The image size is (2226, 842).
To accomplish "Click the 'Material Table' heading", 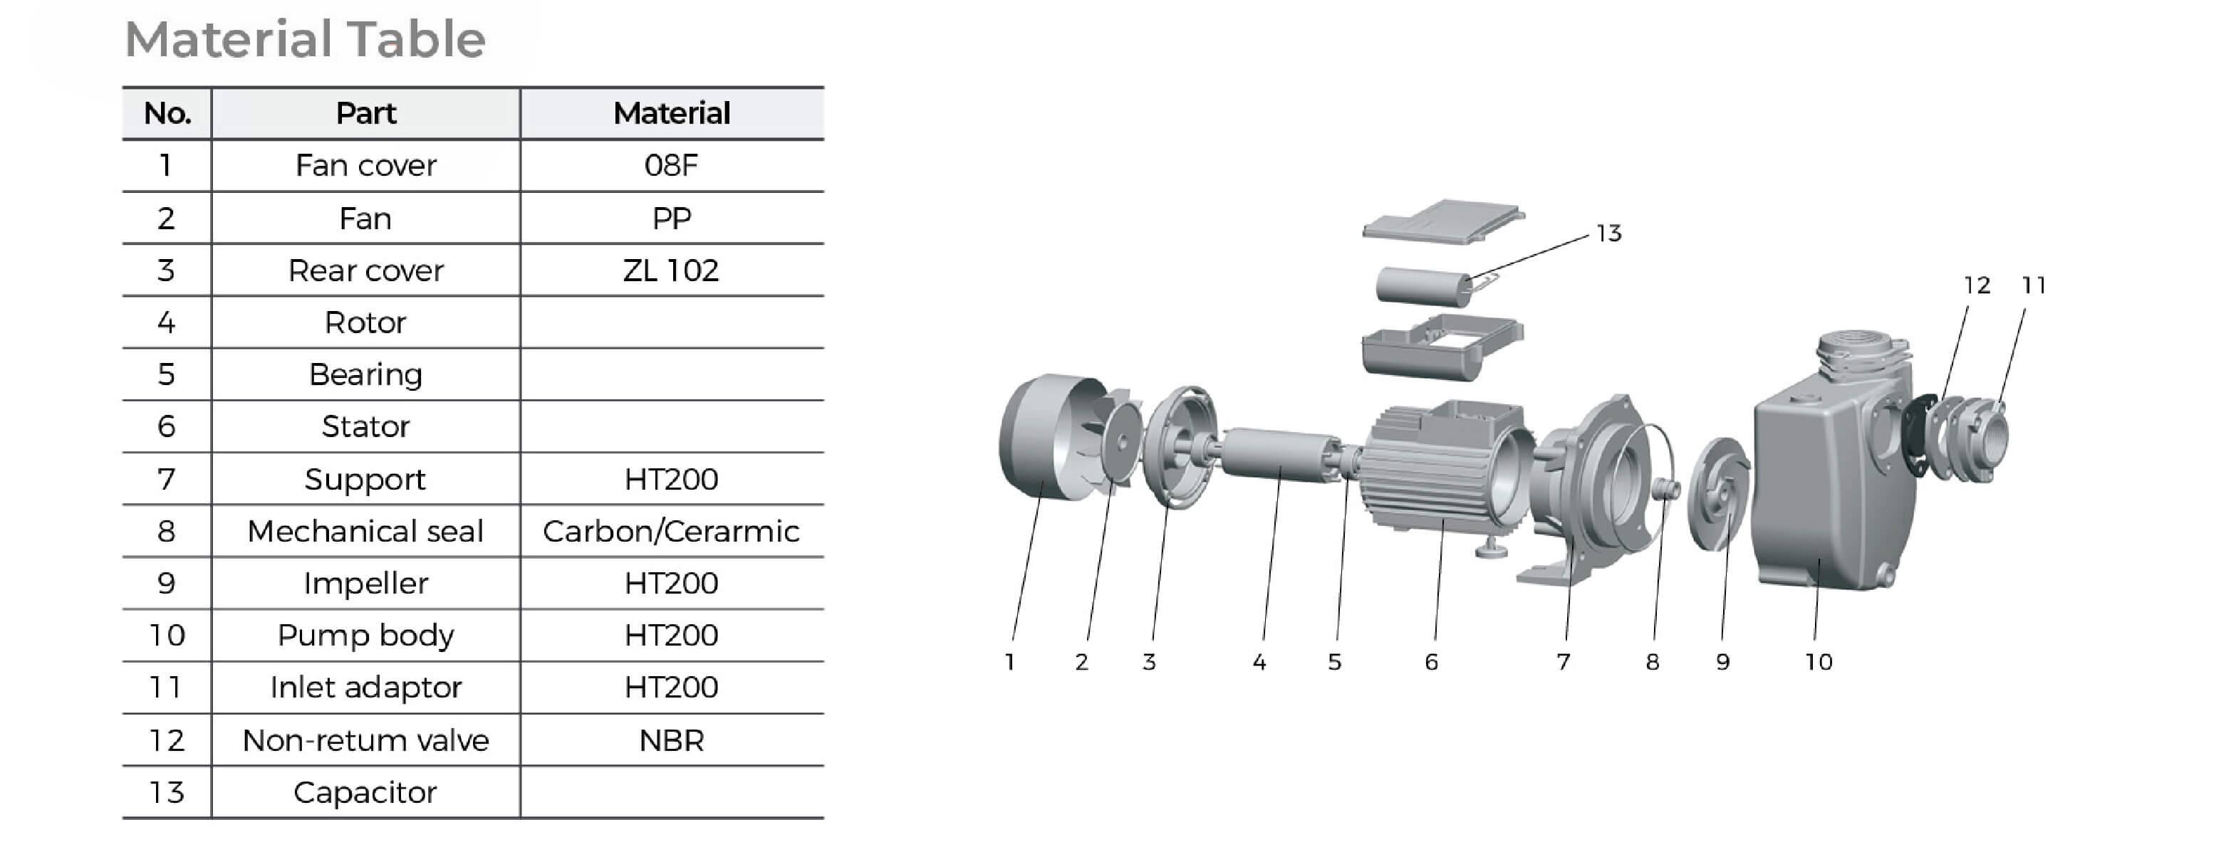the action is pos(305,40).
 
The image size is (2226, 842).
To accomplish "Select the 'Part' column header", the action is pos(365,113).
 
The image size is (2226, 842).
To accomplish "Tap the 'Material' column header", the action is pos(672,113).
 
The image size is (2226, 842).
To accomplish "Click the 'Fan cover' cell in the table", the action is pos(365,165).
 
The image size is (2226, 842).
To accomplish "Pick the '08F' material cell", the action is pos(672,165).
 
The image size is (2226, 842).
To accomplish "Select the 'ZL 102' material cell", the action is pos(672,270).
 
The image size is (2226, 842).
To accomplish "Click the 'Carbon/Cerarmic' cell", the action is pos(672,531).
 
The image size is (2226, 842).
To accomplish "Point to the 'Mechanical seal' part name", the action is pos(365,531).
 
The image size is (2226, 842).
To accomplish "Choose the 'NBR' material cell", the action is pos(672,740).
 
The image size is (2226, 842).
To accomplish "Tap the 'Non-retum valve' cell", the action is pos(365,740).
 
